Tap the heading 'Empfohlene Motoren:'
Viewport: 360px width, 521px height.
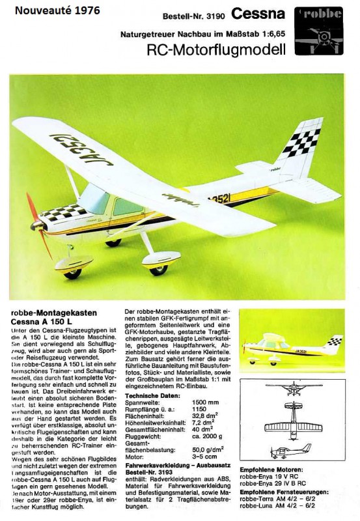[271, 469]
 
